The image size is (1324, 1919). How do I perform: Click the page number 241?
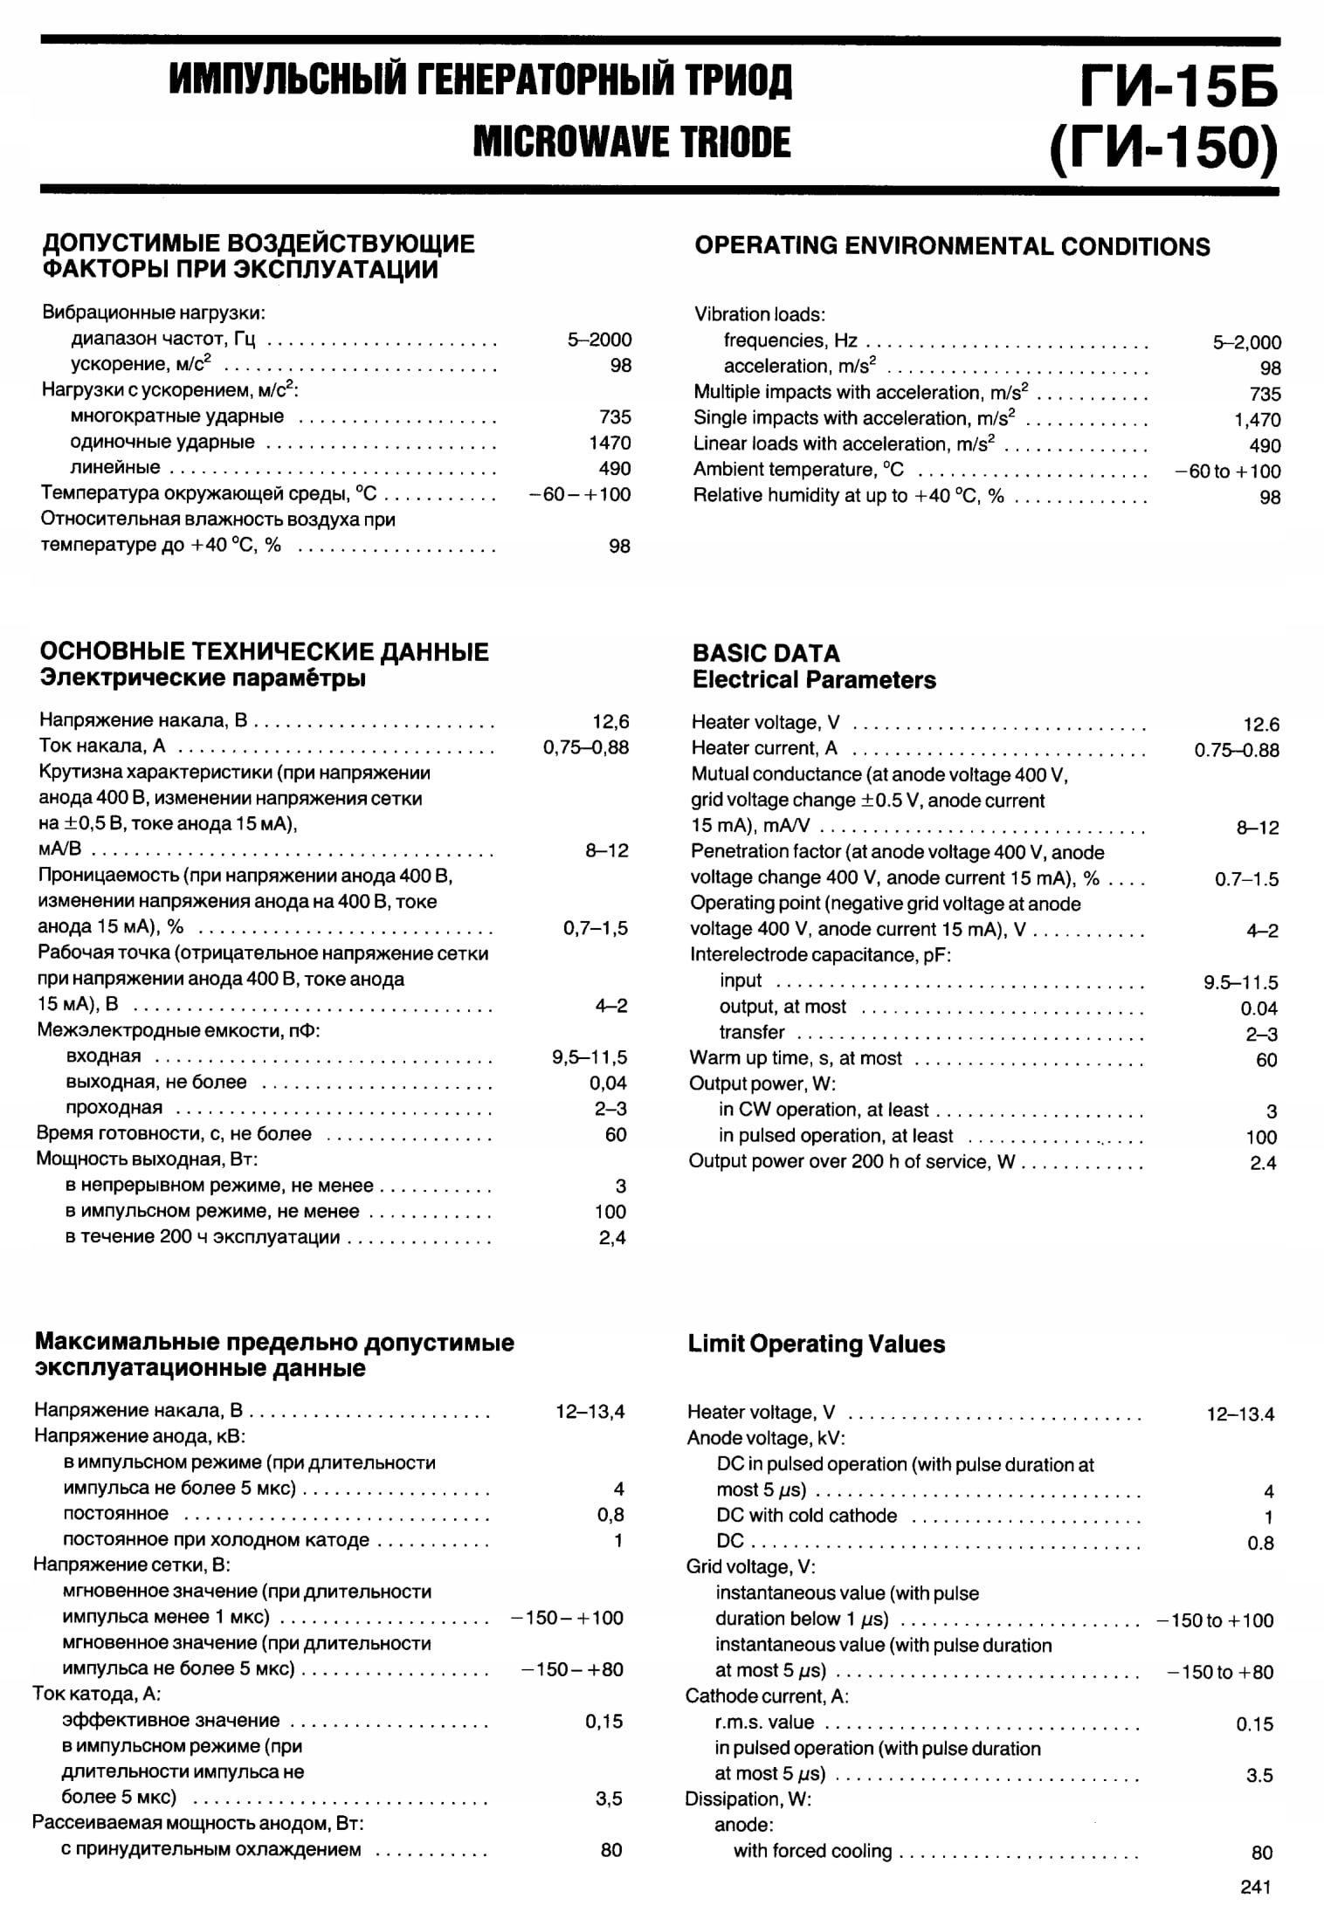tap(1255, 1887)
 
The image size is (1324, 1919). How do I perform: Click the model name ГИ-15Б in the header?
tap(1178, 87)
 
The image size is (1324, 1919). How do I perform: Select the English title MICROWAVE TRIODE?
tap(631, 142)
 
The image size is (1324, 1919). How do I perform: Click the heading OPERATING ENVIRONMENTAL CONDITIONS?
tap(952, 246)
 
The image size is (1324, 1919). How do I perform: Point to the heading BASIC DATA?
tap(765, 653)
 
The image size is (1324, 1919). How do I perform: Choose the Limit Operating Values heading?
tap(816, 1344)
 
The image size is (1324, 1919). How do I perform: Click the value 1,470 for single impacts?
tap(1258, 420)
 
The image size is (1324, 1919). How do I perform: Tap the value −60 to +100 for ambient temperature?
tap(1228, 471)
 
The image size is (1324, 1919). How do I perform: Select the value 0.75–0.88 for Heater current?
tap(1237, 750)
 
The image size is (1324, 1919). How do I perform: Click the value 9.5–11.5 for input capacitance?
tap(1241, 982)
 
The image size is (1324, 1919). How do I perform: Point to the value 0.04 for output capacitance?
tap(1258, 1008)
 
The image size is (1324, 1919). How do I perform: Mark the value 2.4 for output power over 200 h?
tap(1263, 1163)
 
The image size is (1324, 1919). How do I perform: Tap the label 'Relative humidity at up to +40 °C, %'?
tap(848, 496)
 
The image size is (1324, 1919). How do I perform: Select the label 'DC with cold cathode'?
tap(806, 1516)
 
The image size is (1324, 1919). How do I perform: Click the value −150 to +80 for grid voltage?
tap(1220, 1672)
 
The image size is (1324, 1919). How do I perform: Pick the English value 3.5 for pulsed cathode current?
tap(1259, 1775)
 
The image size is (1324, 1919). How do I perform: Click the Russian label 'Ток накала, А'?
tap(102, 746)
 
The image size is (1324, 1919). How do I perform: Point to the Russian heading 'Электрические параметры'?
tap(203, 678)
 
